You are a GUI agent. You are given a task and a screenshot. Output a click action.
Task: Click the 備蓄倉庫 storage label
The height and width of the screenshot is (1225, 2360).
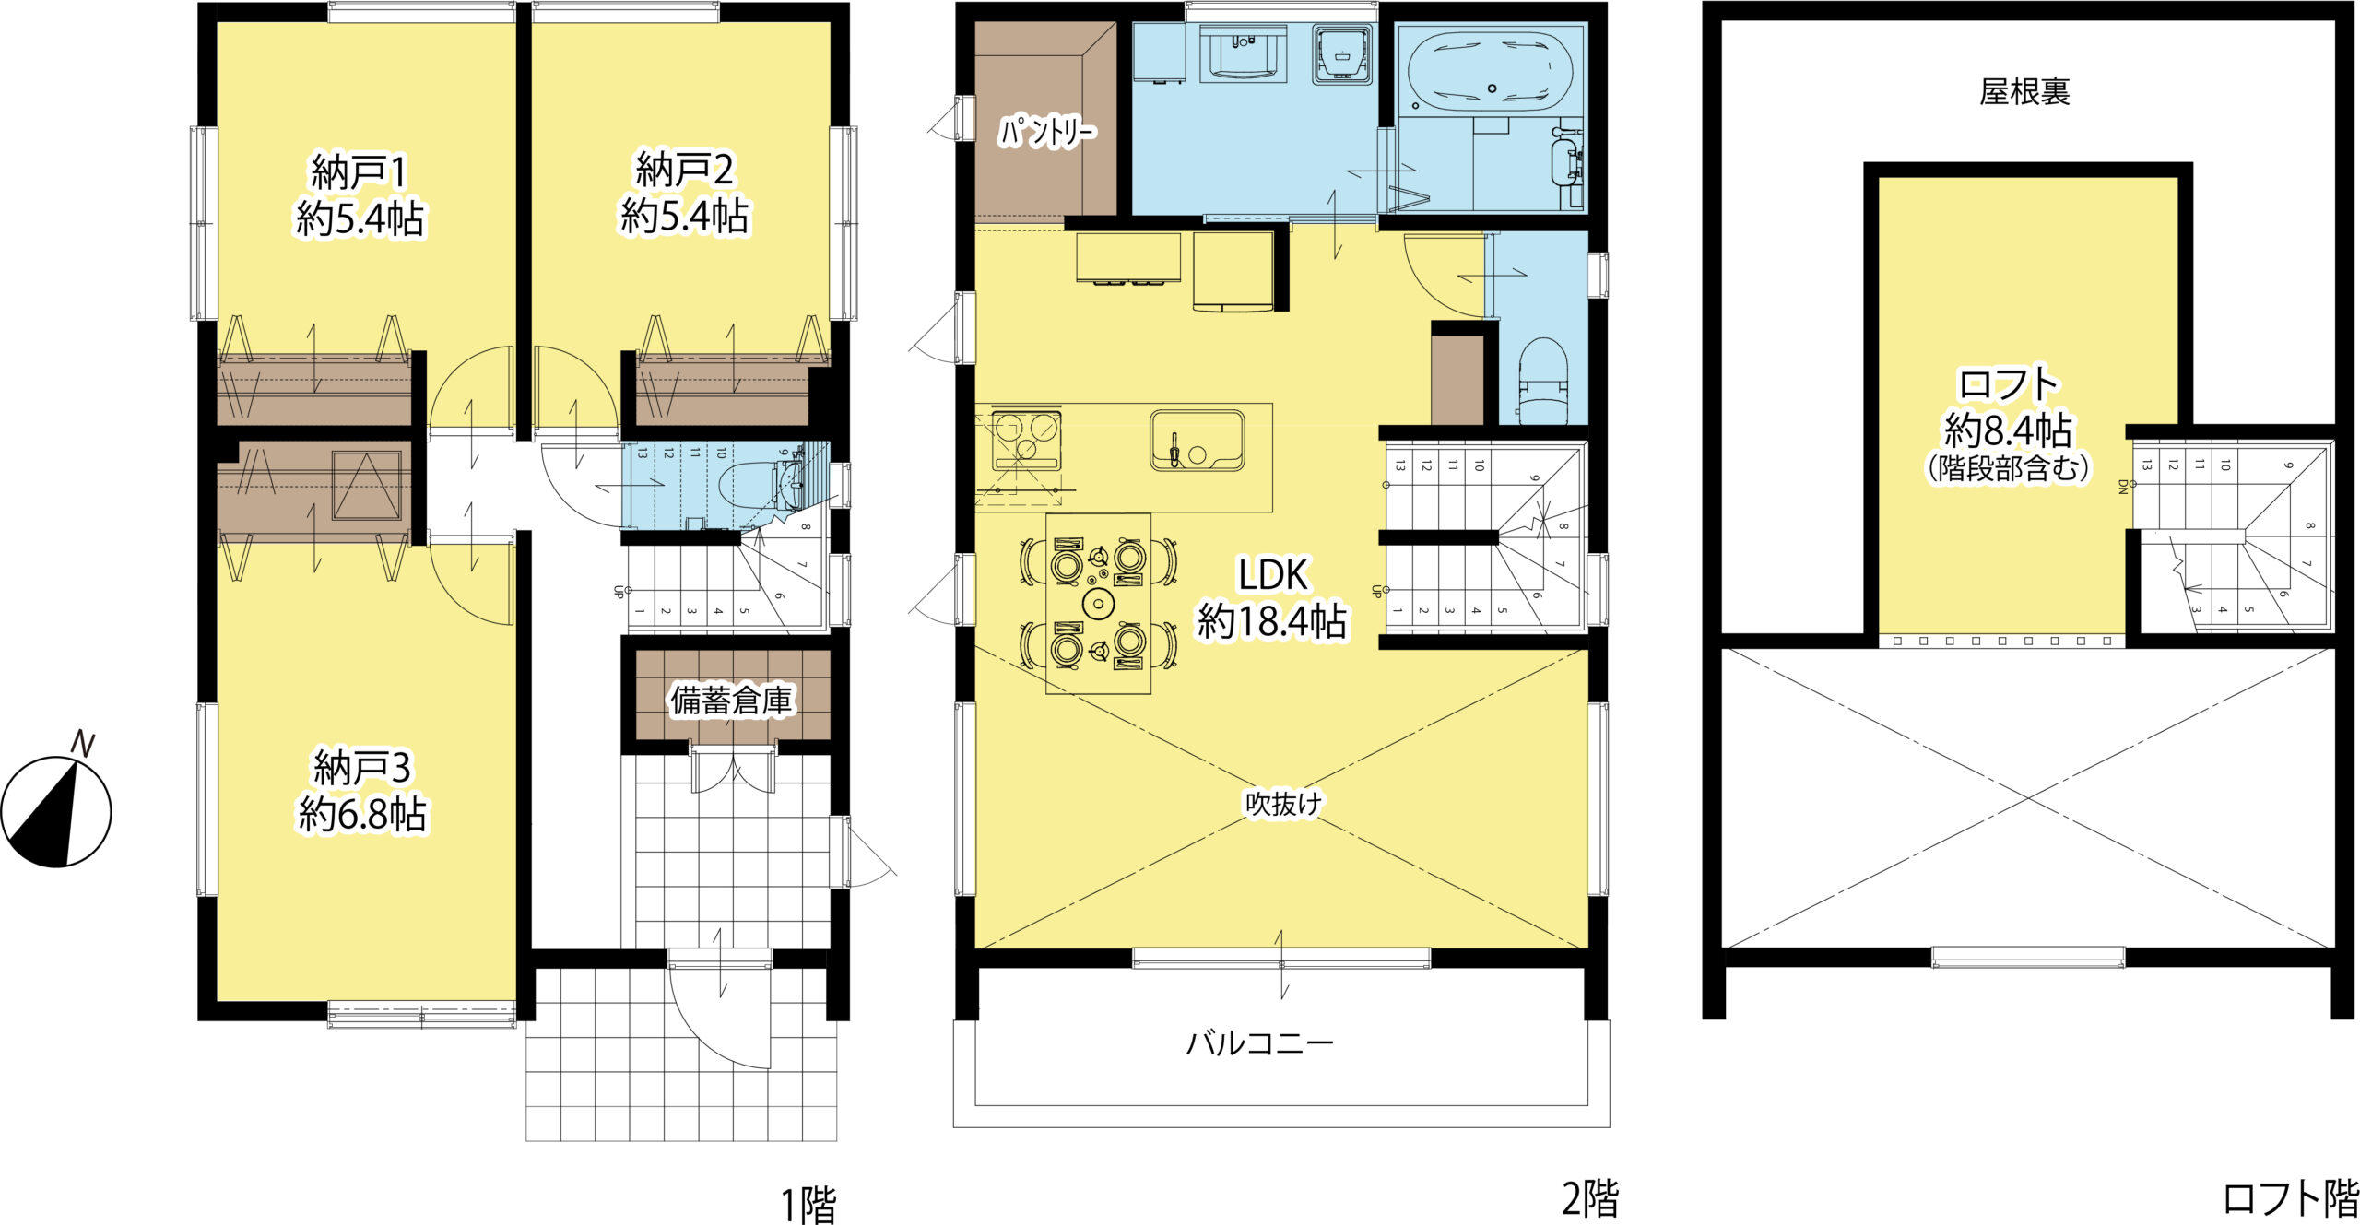731,701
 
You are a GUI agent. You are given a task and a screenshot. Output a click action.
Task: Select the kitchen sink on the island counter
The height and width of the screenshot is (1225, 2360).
1197,440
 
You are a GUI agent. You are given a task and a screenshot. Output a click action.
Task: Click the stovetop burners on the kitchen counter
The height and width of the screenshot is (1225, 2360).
1025,441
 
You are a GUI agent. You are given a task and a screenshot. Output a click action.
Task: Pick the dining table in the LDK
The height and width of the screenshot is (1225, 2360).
1098,604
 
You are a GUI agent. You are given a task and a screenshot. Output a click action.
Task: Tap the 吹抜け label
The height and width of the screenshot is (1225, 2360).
1283,804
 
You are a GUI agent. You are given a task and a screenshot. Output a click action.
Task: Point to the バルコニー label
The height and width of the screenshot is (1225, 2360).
1259,1043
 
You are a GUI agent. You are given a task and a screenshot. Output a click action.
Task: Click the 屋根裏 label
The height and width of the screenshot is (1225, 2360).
2024,91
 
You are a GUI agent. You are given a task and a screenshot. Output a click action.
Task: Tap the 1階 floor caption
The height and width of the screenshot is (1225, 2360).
808,1205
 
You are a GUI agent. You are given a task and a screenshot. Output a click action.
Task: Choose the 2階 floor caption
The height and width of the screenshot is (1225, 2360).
1590,1199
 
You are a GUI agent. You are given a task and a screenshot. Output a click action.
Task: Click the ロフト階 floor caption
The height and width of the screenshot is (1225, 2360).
2290,1199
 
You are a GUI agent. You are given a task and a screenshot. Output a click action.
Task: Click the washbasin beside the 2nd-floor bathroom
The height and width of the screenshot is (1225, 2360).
1244,53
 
